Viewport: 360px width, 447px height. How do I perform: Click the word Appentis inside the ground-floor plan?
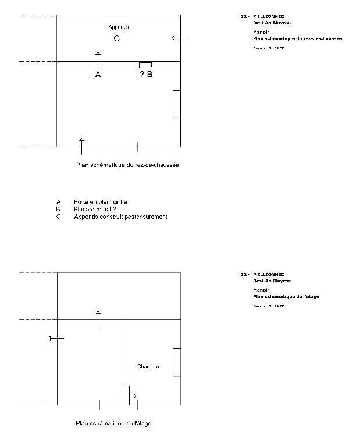pos(118,27)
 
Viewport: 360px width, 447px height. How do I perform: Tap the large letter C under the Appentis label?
pos(117,39)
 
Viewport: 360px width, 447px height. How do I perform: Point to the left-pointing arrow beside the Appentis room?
pos(180,38)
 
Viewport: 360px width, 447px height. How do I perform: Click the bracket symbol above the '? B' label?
pos(145,63)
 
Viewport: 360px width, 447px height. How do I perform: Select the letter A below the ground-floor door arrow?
pos(98,75)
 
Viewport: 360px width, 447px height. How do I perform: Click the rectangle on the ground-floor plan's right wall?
pos(176,104)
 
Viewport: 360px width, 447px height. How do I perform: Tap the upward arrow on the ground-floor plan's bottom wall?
pos(81,146)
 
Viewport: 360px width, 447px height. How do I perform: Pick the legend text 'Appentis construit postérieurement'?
pos(120,217)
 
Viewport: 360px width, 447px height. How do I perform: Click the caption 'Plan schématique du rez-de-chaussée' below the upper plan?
pos(127,165)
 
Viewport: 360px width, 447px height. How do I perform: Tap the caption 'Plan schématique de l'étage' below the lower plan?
pos(113,423)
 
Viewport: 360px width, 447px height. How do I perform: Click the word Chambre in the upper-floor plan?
pos(148,367)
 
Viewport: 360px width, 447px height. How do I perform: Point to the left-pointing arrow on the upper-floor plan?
pos(56,338)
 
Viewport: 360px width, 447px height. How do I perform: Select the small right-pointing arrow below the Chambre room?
pos(129,396)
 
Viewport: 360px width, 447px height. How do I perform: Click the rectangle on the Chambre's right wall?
pos(177,362)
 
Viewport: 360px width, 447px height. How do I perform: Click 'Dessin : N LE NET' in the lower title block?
pos(268,306)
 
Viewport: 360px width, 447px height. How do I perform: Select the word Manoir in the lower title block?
pos(261,290)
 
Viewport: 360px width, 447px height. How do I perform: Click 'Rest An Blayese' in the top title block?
pos(272,23)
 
